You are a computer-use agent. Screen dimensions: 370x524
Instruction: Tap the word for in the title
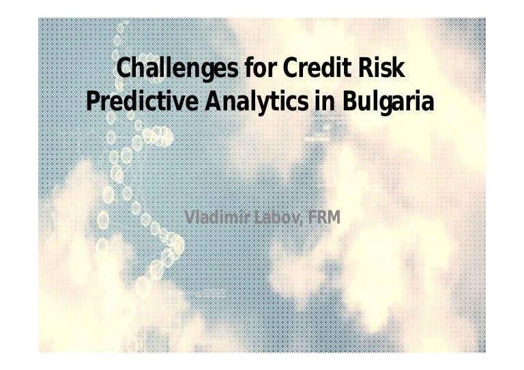(261, 70)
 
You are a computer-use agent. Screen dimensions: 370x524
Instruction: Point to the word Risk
(385, 70)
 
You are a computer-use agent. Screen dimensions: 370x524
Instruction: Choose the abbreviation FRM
(324, 218)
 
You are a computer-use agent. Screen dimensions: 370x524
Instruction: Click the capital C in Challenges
(125, 70)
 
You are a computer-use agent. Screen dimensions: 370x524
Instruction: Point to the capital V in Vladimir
(190, 218)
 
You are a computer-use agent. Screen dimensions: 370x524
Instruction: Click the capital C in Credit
(289, 70)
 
